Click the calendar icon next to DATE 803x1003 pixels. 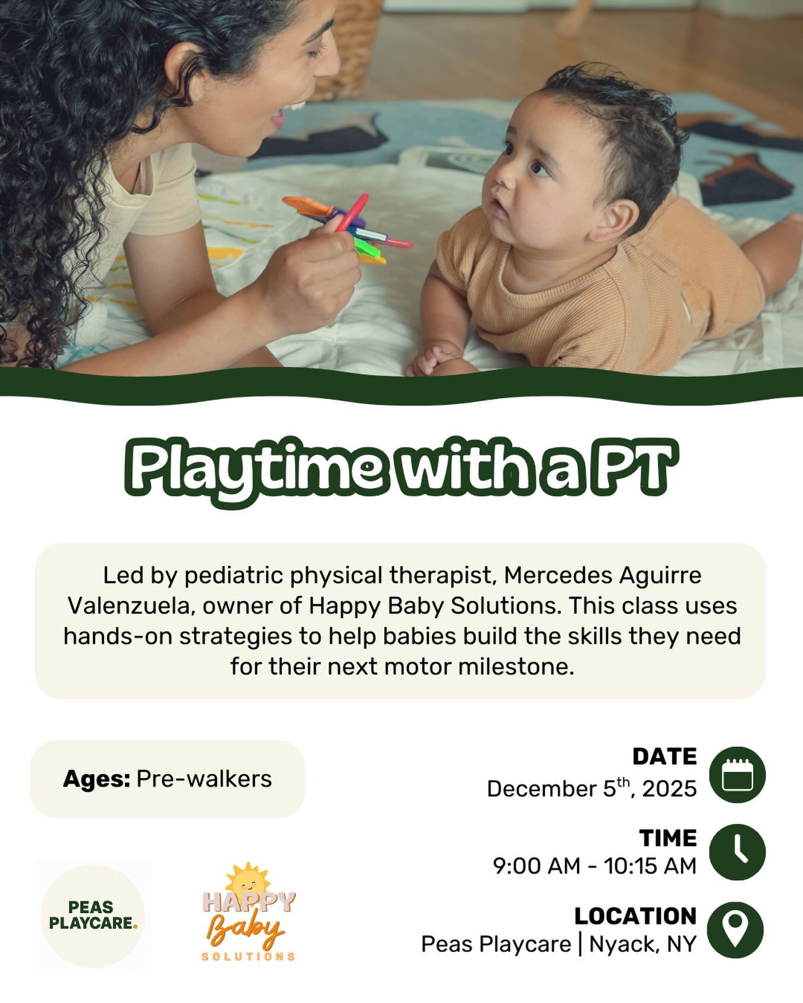point(737,774)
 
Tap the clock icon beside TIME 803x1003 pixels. point(737,851)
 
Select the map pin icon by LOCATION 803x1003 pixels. point(736,930)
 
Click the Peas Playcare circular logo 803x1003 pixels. point(92,916)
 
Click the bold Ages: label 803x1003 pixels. point(96,779)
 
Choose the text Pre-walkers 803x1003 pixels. point(204,779)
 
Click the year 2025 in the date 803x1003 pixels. point(669,789)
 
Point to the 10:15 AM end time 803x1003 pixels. point(650,866)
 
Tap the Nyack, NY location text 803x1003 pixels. point(643,944)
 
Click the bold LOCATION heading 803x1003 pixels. point(635,916)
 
